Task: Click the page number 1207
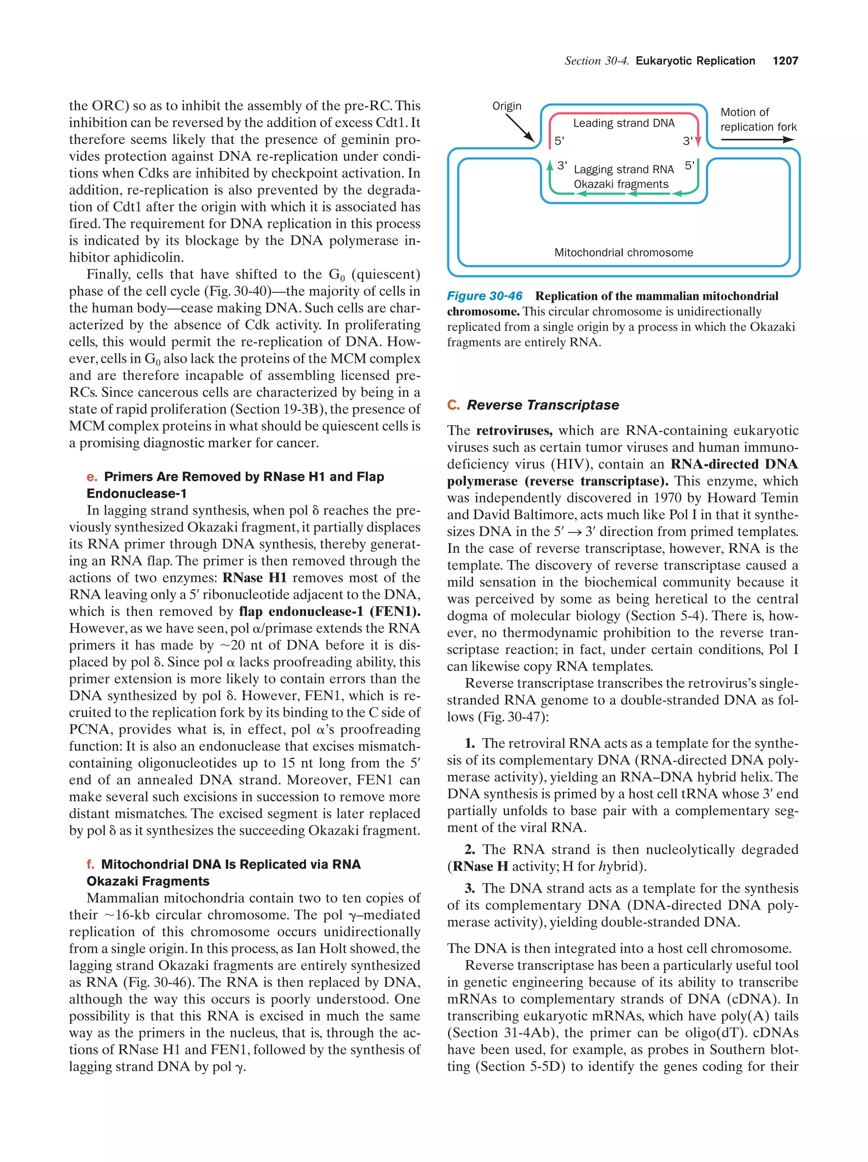(785, 61)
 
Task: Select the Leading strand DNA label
(623, 123)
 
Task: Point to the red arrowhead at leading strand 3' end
(698, 142)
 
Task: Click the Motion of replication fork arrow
(757, 140)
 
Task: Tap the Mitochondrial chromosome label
(623, 253)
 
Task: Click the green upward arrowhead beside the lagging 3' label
(550, 166)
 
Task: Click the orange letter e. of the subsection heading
(92, 477)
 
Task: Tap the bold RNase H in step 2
(480, 867)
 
